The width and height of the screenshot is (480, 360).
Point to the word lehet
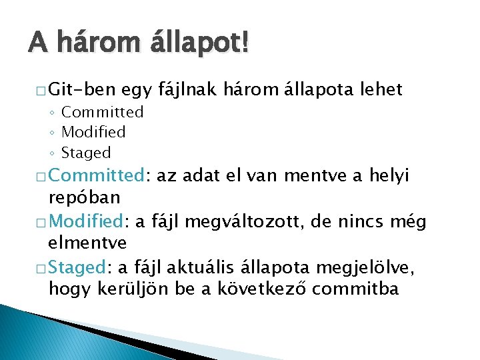pyautogui.click(x=381, y=89)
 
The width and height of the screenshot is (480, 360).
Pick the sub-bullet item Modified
pyautogui.click(x=93, y=132)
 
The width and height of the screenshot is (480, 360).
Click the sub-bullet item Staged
pyautogui.click(x=86, y=153)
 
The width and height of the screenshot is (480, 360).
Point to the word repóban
pyautogui.click(x=85, y=197)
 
